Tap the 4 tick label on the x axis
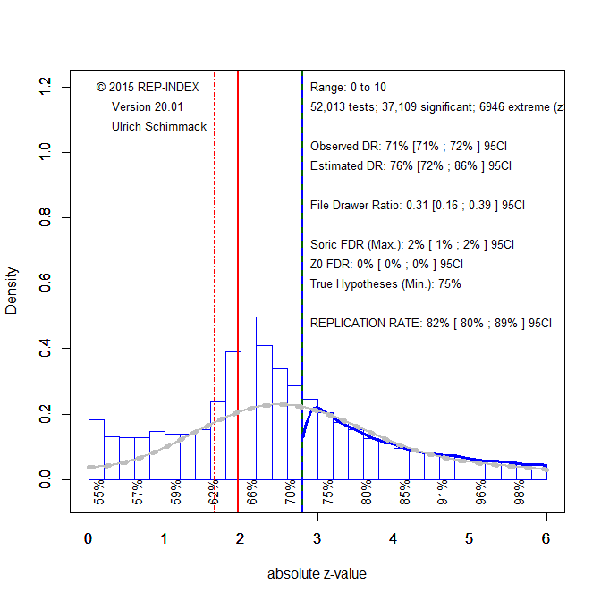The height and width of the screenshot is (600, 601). pyautogui.click(x=394, y=539)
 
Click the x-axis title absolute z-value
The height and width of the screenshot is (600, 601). pyautogui.click(x=317, y=574)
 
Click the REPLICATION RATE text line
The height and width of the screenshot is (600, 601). pyautogui.click(x=431, y=323)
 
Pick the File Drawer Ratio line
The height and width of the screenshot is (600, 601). pyautogui.click(x=418, y=205)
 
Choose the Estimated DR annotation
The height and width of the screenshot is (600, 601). pyautogui.click(x=411, y=165)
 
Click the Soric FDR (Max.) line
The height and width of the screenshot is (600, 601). pyautogui.click(x=412, y=244)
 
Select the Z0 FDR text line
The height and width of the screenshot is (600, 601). pyautogui.click(x=386, y=264)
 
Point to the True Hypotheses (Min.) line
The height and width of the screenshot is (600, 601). pyautogui.click(x=385, y=283)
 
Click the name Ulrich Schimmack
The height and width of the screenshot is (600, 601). pyautogui.click(x=159, y=126)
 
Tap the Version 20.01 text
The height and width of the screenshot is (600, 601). pyautogui.click(x=147, y=106)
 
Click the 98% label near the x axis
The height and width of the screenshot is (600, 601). pyautogui.click(x=519, y=494)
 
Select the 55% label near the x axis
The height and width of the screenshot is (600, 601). pyautogui.click(x=99, y=494)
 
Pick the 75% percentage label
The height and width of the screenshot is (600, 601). pyautogui.click(x=327, y=494)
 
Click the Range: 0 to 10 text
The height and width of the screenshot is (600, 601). pyautogui.click(x=348, y=87)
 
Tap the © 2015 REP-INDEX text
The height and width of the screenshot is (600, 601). pyautogui.click(x=148, y=87)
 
